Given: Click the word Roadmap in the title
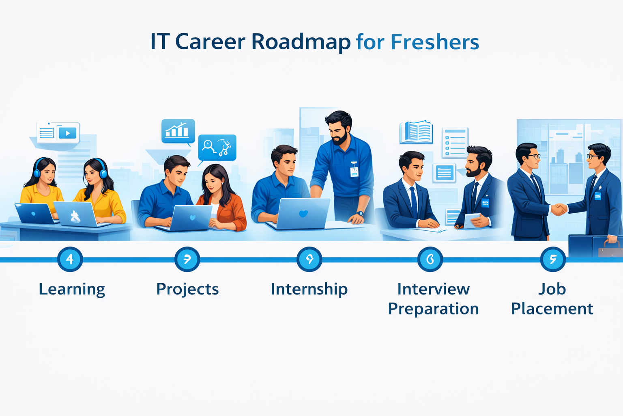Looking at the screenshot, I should [301, 42].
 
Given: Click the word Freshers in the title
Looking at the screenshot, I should [434, 42].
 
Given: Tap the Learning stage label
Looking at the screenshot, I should [72, 289].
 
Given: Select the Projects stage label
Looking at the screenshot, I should [187, 289].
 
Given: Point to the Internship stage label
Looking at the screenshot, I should [309, 289].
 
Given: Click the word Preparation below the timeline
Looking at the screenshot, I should [433, 309].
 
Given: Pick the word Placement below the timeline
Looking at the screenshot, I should [552, 309].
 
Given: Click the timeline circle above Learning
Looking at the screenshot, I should [70, 259].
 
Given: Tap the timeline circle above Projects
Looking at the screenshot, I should [187, 259].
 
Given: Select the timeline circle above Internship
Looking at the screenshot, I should [309, 259].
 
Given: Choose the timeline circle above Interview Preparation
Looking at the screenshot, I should [430, 259].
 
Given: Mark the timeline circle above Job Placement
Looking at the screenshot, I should [553, 259].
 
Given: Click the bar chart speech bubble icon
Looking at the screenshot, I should [178, 131].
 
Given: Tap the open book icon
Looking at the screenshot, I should [416, 132].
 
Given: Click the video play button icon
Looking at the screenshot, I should [67, 133].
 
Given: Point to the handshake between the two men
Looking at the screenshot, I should [559, 209].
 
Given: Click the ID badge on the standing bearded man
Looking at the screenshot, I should [354, 171].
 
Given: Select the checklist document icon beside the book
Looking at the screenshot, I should [455, 142].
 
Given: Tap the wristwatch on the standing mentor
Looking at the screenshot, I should [360, 213].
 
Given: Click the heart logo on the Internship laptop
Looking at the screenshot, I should [303, 214].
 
